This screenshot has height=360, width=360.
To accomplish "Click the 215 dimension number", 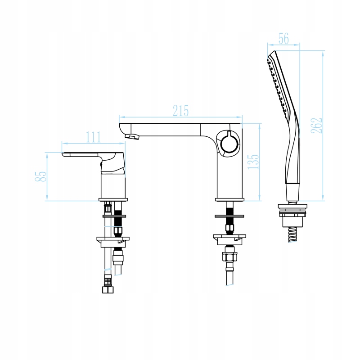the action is pos(181,111).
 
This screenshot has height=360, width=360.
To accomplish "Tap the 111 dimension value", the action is pos(93,137).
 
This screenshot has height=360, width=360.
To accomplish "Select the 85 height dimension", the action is pos(41,176).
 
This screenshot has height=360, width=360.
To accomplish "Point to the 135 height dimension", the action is pos(253,162).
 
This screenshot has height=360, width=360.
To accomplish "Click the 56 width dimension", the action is pos(283,39).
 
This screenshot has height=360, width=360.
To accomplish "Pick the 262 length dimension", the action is pos(317,126).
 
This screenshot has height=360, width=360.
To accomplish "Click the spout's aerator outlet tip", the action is pos(132,137).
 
